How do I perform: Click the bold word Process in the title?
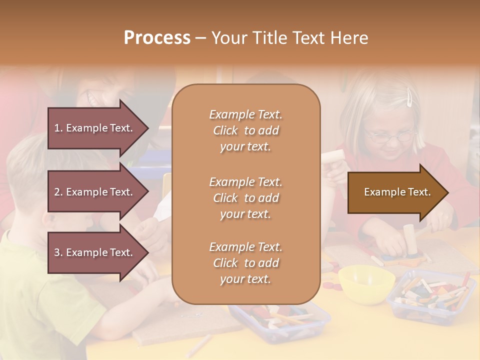pos(157,38)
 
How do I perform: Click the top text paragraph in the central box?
pos(245,130)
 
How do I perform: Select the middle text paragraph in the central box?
pos(245,198)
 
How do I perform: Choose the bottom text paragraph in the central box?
pos(245,263)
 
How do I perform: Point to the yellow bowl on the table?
pos(366,283)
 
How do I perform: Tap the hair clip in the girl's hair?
pos(409,97)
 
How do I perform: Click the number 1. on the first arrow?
pos(58,128)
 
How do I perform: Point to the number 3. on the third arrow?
pos(58,252)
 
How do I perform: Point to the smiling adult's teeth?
pos(94,98)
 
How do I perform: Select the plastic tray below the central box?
pos(280,320)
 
